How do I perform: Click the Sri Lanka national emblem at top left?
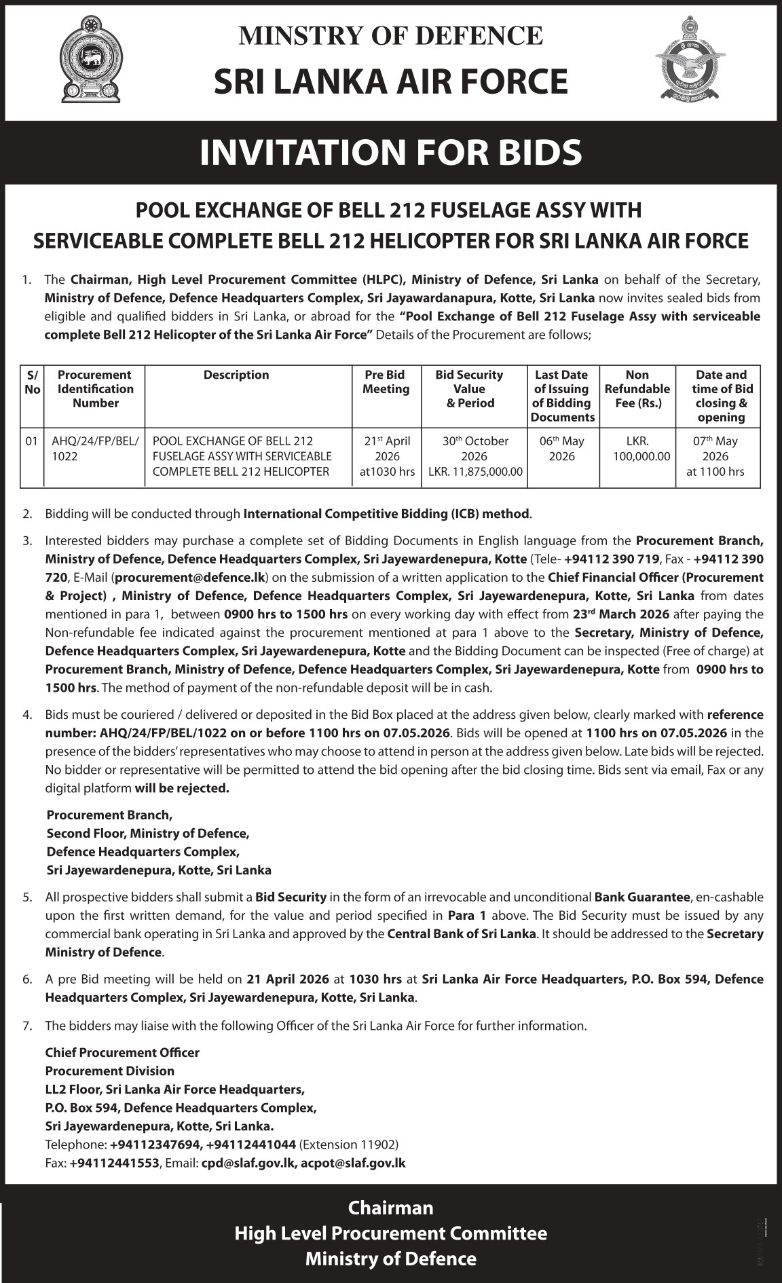click(90, 60)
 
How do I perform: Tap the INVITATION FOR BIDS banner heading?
click(391, 152)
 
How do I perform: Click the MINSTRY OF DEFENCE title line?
click(390, 35)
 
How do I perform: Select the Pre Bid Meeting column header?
click(386, 382)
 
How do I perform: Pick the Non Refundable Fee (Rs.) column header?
click(637, 389)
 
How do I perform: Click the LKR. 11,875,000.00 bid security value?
click(475, 472)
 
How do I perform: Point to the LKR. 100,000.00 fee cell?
click(637, 449)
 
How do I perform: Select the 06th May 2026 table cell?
click(562, 449)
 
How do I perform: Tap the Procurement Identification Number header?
click(95, 389)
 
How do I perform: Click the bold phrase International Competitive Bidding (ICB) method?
click(386, 514)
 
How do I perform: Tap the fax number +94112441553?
click(113, 1163)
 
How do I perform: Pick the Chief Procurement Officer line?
click(122, 1053)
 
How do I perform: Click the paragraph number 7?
click(26, 1026)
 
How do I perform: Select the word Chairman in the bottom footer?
click(390, 1208)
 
